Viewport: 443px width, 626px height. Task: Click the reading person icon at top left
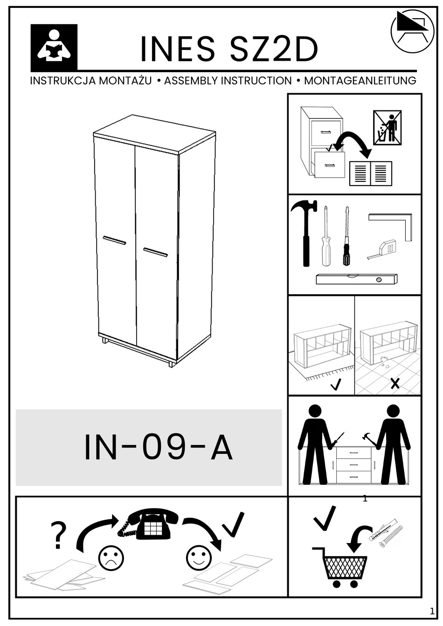(x=54, y=47)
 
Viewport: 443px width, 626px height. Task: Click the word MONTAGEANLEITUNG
(x=360, y=81)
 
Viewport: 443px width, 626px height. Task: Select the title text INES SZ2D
(x=229, y=49)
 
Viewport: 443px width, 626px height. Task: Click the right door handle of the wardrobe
(x=155, y=252)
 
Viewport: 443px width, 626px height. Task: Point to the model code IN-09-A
(x=158, y=448)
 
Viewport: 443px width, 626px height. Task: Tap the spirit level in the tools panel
(x=356, y=279)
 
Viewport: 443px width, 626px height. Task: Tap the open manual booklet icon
(x=371, y=173)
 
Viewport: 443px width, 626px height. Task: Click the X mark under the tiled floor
(x=395, y=384)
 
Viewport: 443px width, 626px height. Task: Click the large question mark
(x=58, y=536)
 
